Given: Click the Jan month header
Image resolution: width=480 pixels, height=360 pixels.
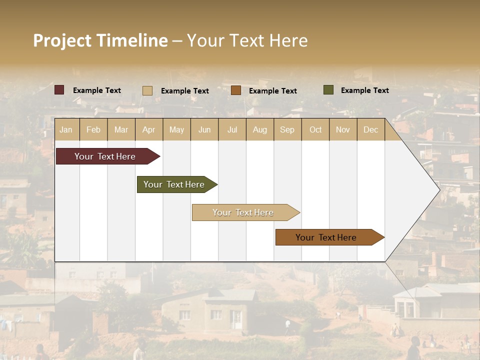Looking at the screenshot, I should [x=66, y=129].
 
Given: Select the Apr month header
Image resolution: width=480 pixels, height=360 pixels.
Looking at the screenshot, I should [x=148, y=129].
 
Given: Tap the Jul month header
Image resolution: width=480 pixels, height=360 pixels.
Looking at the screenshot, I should [x=232, y=129].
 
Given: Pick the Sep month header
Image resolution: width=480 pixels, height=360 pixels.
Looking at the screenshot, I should [x=287, y=129].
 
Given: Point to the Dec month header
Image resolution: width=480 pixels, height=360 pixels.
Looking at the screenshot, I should [x=370, y=129].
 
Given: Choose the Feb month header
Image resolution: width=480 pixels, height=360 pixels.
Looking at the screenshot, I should [x=93, y=129].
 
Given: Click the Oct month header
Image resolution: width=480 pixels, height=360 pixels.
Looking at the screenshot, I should [x=315, y=129].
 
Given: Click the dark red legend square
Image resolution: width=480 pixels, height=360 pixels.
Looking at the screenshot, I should [x=59, y=90].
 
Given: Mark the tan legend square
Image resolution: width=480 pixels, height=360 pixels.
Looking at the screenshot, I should [x=147, y=90].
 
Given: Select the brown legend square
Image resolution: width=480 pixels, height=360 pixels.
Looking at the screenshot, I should [x=236, y=90].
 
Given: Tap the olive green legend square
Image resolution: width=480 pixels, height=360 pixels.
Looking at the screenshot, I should [x=328, y=90].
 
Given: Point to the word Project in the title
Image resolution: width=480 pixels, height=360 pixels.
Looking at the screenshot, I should [x=62, y=40].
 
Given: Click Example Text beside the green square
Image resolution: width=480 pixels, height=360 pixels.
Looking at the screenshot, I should [x=364, y=90].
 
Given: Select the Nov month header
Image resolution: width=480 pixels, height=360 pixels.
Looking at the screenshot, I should [x=343, y=129].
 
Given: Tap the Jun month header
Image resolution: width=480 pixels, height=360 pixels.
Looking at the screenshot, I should [x=204, y=129].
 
